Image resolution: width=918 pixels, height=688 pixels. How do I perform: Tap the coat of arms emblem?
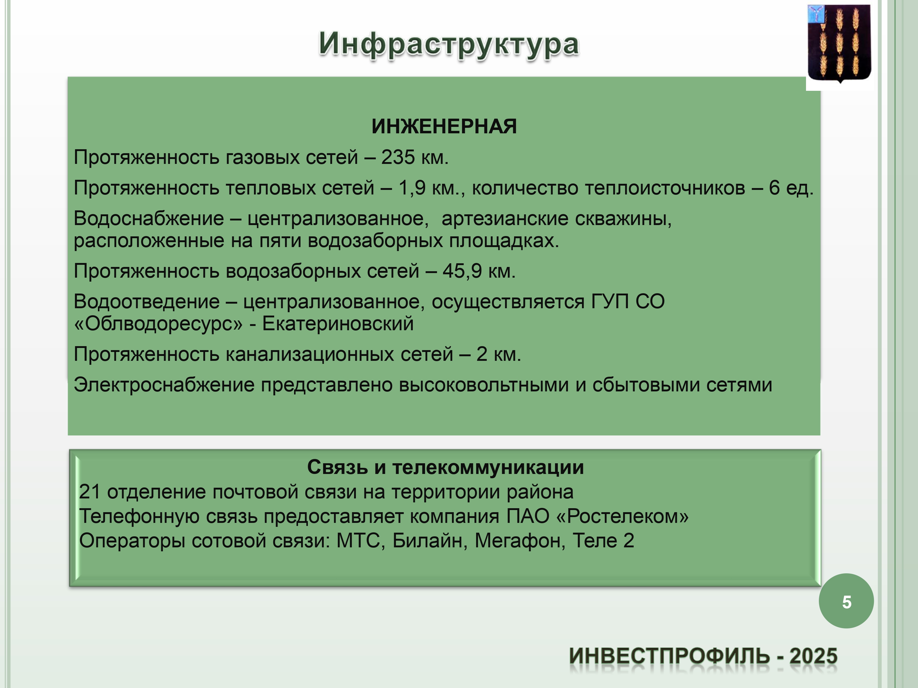840,43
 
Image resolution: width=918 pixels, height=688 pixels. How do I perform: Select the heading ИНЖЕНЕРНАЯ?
444,127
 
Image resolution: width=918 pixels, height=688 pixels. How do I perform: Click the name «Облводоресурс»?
158,324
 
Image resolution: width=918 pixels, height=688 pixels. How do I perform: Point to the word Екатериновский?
338,324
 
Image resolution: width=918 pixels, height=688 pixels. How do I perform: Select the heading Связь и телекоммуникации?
445,467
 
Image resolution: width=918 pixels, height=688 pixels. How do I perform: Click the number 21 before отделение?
90,492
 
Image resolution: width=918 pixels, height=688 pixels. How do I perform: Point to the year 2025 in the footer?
813,657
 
